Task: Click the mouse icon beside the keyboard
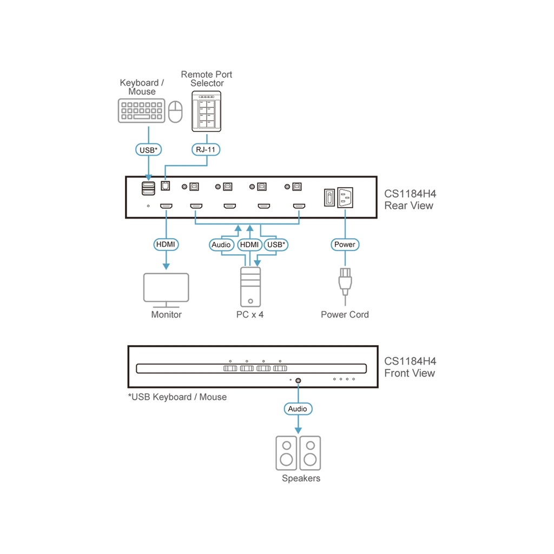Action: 175,111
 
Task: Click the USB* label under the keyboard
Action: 148,149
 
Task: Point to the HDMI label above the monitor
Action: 166,245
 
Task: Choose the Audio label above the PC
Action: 221,245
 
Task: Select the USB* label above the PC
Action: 276,245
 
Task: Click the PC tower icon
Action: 250,287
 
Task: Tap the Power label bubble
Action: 345,245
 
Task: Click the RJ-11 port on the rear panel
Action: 165,186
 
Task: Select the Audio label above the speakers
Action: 298,409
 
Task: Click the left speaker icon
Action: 287,453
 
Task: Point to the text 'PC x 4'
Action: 249,314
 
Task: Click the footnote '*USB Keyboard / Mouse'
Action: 177,397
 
